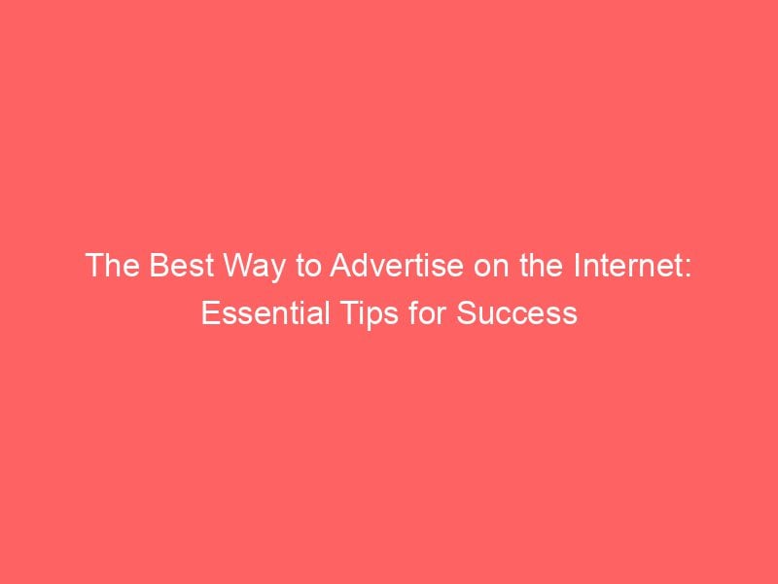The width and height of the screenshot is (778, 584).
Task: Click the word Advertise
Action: pos(379,266)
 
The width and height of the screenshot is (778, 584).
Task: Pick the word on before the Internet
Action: pos(465,266)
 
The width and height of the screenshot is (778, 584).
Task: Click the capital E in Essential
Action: pos(208,314)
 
